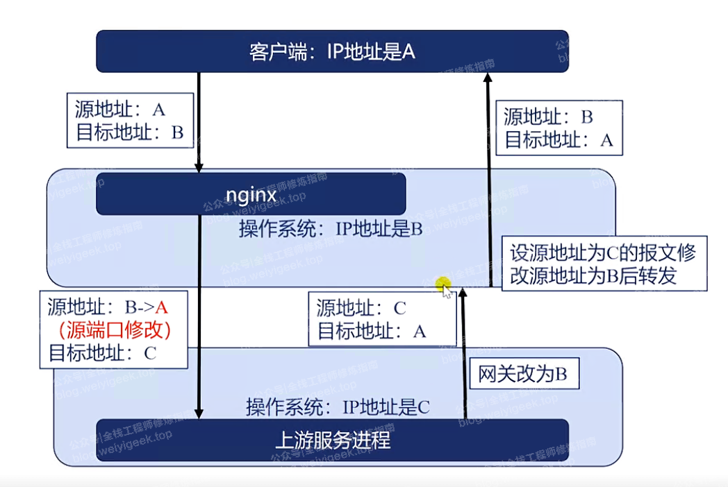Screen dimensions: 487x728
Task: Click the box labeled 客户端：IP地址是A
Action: pos(332,51)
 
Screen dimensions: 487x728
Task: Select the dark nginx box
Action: pos(251,194)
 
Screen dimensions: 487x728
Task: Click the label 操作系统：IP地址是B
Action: pos(331,230)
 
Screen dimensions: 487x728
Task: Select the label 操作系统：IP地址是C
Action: pos(338,407)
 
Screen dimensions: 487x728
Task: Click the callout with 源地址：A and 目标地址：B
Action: pos(129,121)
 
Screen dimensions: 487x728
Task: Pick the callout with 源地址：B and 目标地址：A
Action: pos(559,128)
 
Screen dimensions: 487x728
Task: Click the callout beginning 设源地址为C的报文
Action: pos(602,264)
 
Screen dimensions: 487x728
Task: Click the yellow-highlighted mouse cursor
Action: pos(444,285)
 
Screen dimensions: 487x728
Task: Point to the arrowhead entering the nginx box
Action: pos(199,168)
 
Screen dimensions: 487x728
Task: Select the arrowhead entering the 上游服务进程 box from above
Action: pos(200,414)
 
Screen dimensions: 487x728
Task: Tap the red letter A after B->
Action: pos(162,307)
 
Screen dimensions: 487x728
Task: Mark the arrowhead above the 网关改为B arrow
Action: pos(463,294)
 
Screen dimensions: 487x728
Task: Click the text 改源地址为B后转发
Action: pos(593,276)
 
